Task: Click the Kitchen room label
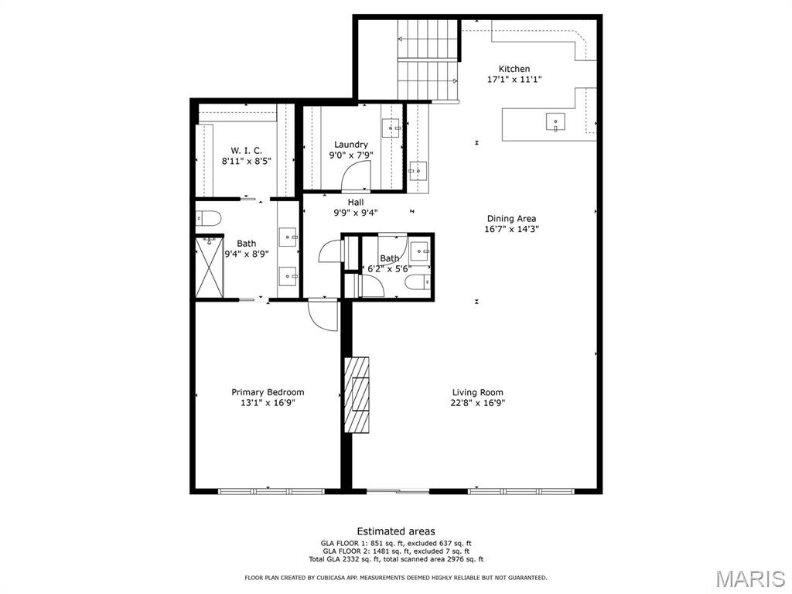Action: click(514, 69)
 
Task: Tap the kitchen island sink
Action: click(555, 121)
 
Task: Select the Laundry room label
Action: click(350, 145)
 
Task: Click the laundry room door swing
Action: click(357, 177)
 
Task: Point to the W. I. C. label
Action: click(247, 151)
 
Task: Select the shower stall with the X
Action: click(209, 267)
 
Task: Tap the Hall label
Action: click(356, 202)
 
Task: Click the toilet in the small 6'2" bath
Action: click(418, 282)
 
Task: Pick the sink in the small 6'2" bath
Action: click(420, 251)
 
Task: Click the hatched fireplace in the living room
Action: click(357, 394)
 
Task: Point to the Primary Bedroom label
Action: click(268, 392)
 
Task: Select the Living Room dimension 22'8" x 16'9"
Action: click(478, 402)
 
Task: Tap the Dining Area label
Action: click(512, 218)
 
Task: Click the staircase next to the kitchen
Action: click(428, 60)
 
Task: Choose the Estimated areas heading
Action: click(396, 531)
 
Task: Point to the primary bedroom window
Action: click(271, 490)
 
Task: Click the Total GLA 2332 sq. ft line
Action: click(396, 559)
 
